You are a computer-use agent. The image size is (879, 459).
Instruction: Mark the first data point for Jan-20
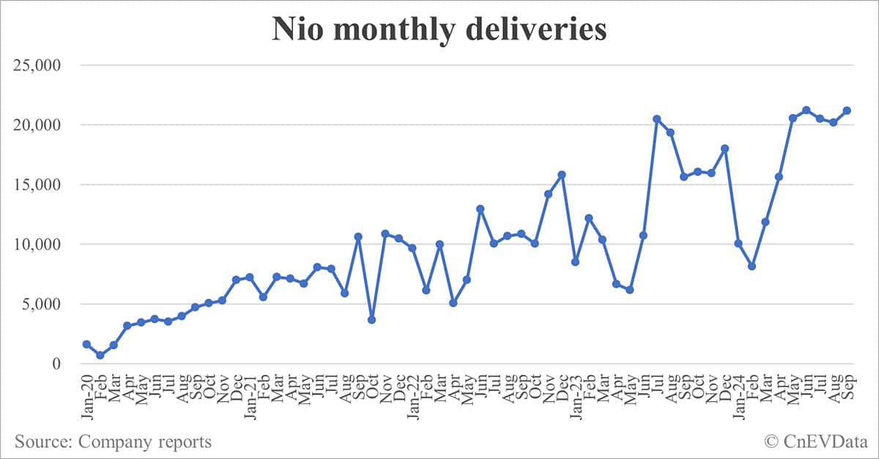[x=86, y=344]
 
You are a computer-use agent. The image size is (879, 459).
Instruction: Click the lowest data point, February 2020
[x=100, y=355]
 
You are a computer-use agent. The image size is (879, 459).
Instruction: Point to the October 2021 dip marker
[x=371, y=320]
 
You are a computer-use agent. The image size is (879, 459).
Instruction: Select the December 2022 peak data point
[x=562, y=174]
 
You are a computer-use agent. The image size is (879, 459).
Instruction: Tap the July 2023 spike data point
[x=656, y=119]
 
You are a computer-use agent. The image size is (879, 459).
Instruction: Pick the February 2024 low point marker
[x=752, y=266]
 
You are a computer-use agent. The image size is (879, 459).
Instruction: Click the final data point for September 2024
[x=847, y=111]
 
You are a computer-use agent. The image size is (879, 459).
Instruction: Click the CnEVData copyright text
[x=813, y=441]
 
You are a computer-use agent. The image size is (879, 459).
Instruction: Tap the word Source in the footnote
[x=41, y=441]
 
